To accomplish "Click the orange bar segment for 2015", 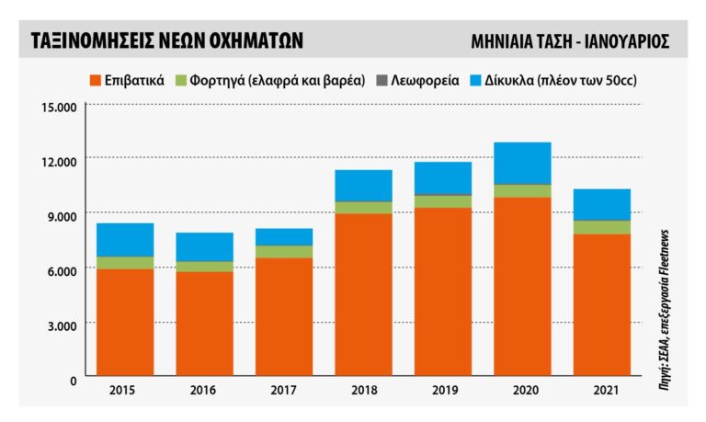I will pyautogui.click(x=125, y=323).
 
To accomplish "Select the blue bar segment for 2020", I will pyautogui.click(x=522, y=163).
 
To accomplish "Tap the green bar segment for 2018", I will pyautogui.click(x=363, y=207).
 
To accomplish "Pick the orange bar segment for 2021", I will pyautogui.click(x=601, y=305).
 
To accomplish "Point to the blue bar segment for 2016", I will pyautogui.click(x=204, y=246).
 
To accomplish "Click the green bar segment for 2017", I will pyautogui.click(x=283, y=251).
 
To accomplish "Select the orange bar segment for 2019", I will pyautogui.click(x=442, y=292).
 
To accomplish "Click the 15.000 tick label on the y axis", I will pyautogui.click(x=60, y=107).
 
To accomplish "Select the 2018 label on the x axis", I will pyautogui.click(x=363, y=391).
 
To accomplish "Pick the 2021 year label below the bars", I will pyautogui.click(x=601, y=391).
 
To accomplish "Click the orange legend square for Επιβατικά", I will pyautogui.click(x=95, y=80).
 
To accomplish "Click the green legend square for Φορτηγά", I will pyautogui.click(x=181, y=80).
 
